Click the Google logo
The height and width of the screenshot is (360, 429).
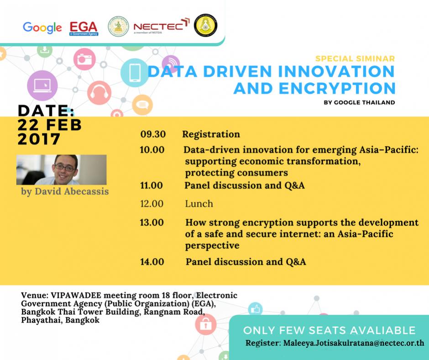[42, 28]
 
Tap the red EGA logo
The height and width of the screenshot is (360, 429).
[84, 28]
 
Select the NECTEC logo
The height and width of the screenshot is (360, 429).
[162, 26]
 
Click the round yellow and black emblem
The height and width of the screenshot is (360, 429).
[205, 25]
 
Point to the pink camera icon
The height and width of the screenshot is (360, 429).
[84, 59]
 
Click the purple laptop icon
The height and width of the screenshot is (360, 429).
[42, 85]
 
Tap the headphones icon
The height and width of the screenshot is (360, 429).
[99, 93]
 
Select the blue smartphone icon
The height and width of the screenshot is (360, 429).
[135, 73]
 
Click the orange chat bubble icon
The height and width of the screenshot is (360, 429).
[142, 105]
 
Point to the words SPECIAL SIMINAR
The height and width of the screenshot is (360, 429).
[355, 58]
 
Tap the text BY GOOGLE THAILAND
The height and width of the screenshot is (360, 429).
[359, 102]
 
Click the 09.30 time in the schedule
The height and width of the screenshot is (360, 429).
[153, 134]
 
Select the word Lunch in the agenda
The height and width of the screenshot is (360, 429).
[199, 204]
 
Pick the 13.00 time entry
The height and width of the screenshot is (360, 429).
[152, 222]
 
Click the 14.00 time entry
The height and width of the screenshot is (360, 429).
[152, 262]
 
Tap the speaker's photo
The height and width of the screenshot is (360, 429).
[61, 169]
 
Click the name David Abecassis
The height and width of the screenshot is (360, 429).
[72, 191]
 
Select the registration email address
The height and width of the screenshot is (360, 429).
[354, 343]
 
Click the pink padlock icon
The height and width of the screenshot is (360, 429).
[205, 324]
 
